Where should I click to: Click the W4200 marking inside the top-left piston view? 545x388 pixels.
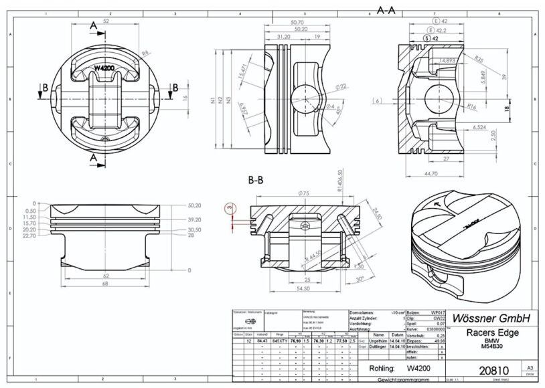[106, 68]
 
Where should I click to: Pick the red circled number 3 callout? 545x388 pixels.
[229, 209]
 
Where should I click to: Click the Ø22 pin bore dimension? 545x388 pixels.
[340, 86]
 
